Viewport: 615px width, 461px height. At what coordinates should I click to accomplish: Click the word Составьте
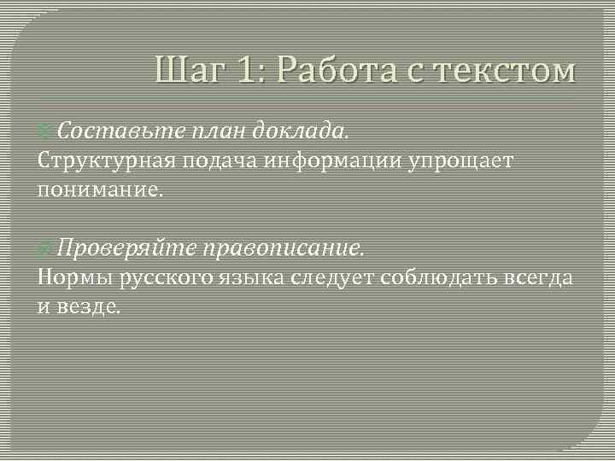click(x=108, y=131)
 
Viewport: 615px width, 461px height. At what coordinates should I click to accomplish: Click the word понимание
click(x=99, y=190)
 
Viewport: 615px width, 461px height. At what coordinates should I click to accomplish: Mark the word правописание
click(x=282, y=248)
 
